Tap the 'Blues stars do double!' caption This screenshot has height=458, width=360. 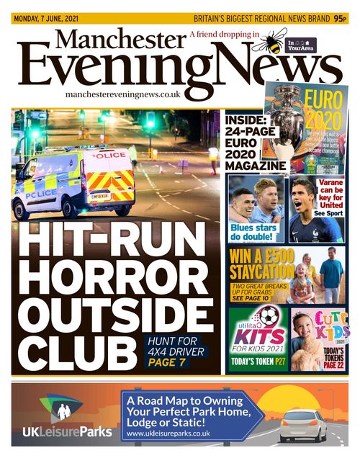(x=254, y=233)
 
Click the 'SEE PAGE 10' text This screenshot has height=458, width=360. (x=250, y=297)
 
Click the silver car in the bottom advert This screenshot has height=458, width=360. (x=302, y=425)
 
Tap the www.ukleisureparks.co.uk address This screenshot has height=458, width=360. (x=168, y=434)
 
